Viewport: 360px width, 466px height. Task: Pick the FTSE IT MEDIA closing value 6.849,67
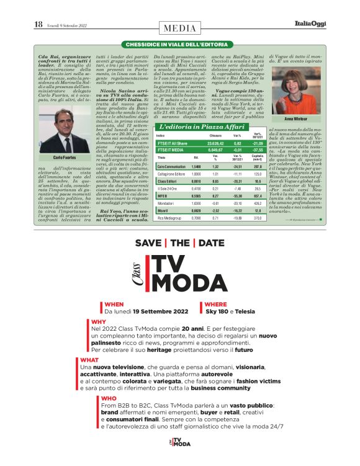tap(215, 150)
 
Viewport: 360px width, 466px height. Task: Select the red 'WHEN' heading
tap(114, 305)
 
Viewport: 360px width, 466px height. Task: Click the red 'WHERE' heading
tap(215, 305)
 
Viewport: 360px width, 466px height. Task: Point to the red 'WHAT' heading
tap(89, 359)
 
